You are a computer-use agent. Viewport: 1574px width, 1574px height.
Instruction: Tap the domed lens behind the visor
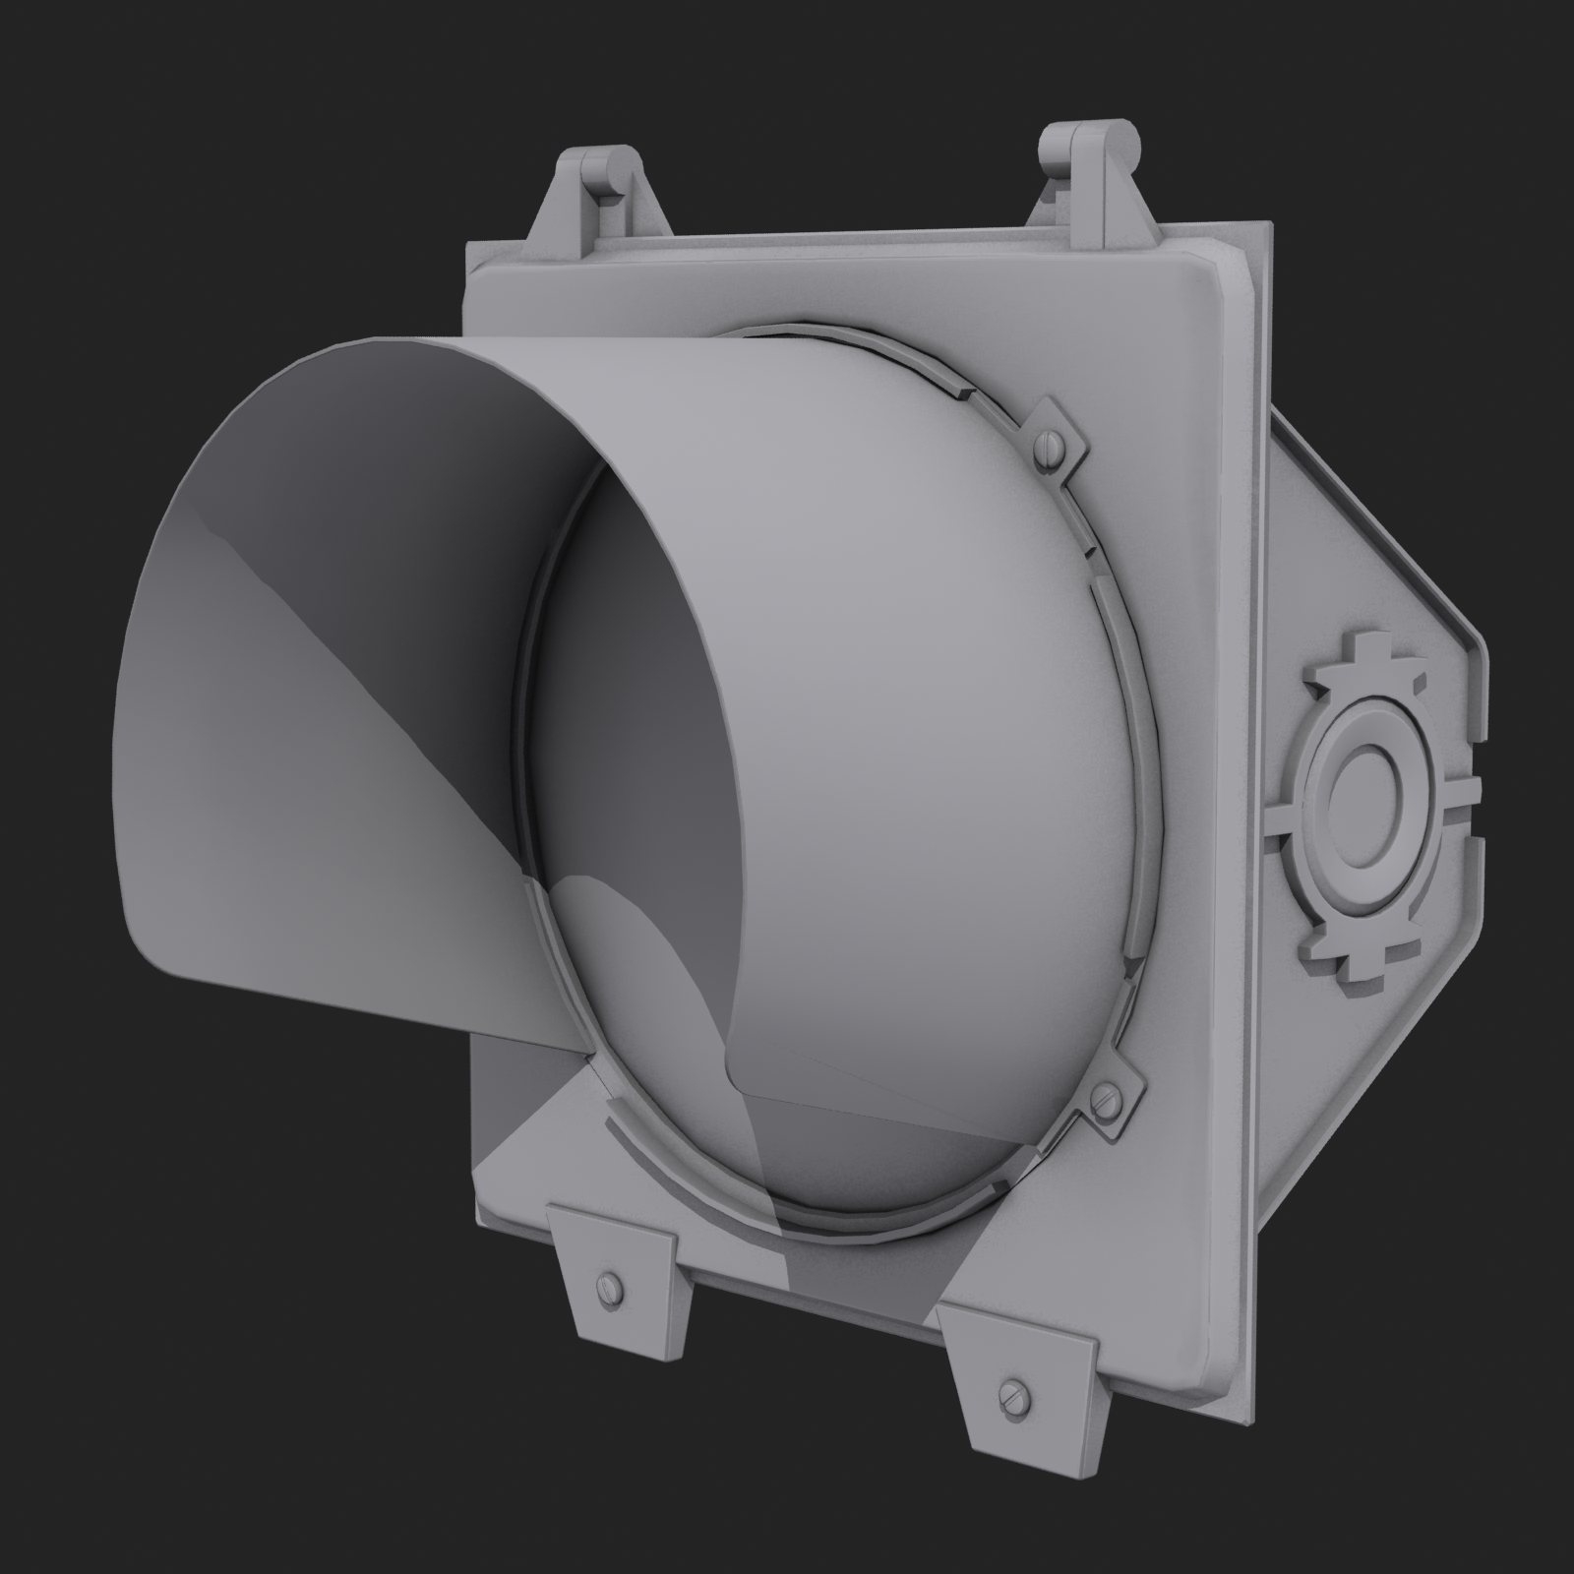pyautogui.click(x=885, y=689)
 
